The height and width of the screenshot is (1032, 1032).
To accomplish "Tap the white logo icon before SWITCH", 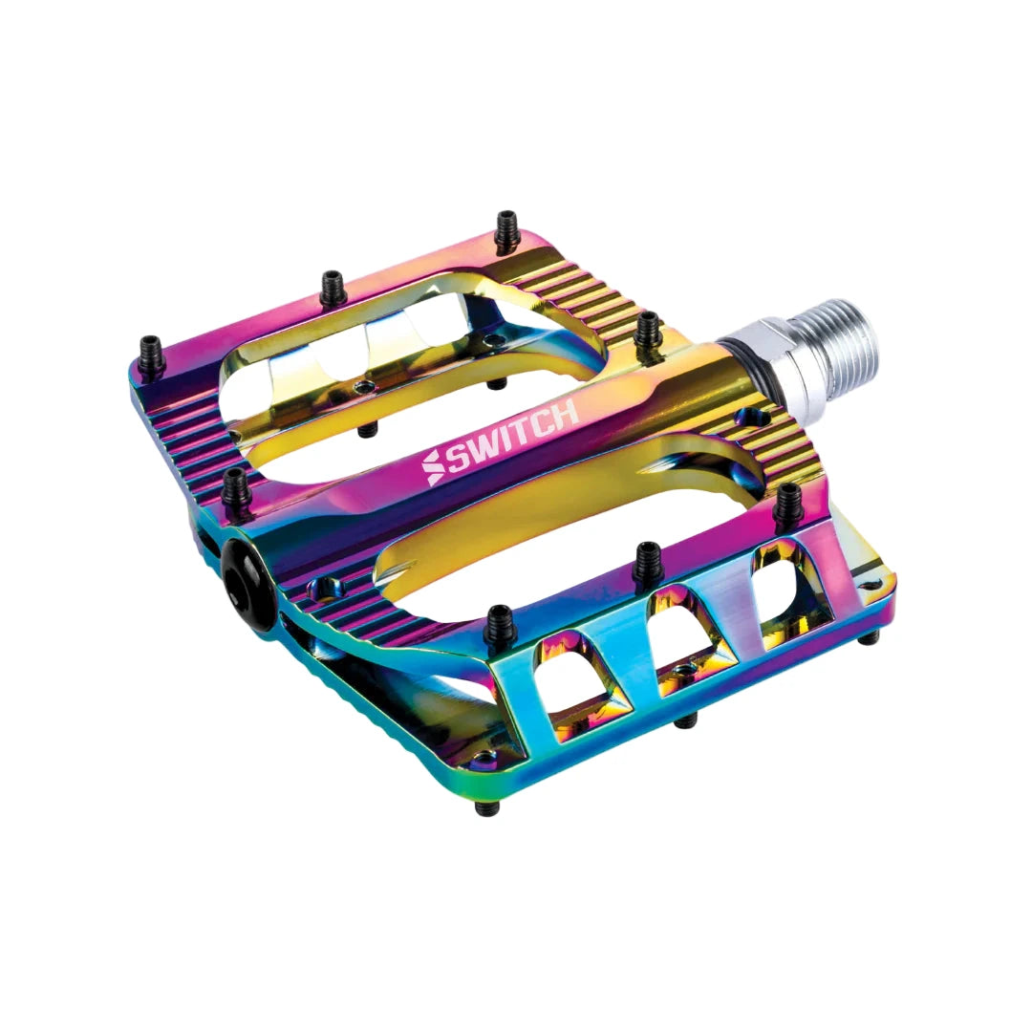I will coord(434,467).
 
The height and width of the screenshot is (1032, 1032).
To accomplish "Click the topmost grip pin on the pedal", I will coord(506,228).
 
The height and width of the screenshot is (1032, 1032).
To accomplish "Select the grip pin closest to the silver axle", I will coord(648,330).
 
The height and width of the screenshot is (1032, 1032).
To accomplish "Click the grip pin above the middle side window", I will coord(648,562).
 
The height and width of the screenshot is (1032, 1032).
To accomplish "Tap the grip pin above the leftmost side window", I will coord(499,627).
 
